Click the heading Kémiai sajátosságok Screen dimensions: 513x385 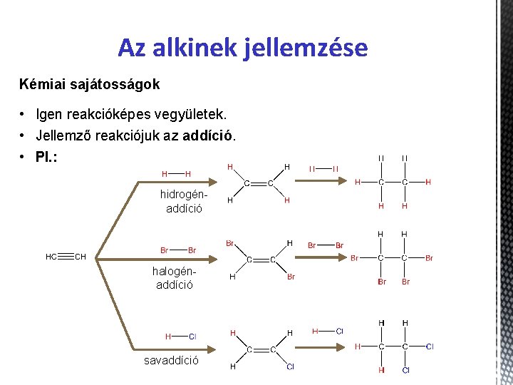(x=90, y=84)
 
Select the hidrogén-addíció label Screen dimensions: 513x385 (x=184, y=201)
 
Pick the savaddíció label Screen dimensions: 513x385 (x=172, y=361)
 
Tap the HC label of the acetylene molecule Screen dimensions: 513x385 (x=52, y=257)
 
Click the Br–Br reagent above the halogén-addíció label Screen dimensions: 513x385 (x=178, y=250)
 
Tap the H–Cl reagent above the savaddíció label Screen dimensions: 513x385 (x=181, y=337)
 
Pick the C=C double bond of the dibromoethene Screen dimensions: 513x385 (x=261, y=260)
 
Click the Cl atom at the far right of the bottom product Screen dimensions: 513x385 (x=430, y=346)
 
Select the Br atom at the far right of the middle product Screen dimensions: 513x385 (x=429, y=258)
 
